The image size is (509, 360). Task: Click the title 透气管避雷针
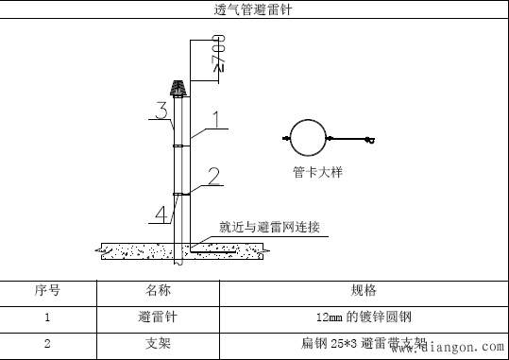click(x=254, y=10)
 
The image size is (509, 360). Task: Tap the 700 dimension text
click(x=218, y=56)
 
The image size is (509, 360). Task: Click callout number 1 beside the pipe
click(x=215, y=120)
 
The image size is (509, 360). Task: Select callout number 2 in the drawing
click(x=213, y=175)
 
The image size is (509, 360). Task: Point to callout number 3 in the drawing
click(x=161, y=111)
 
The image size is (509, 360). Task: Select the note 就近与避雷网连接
click(x=269, y=227)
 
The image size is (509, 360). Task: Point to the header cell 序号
click(x=47, y=290)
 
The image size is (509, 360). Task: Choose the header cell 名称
click(x=158, y=290)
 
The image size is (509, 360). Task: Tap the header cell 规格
click(x=364, y=290)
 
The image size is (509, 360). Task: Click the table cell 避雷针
click(x=158, y=317)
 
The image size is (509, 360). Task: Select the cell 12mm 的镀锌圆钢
click(x=364, y=317)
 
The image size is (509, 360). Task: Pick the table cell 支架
click(x=158, y=344)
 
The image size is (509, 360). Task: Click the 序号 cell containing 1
click(x=47, y=317)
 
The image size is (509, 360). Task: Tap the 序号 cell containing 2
click(x=47, y=344)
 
